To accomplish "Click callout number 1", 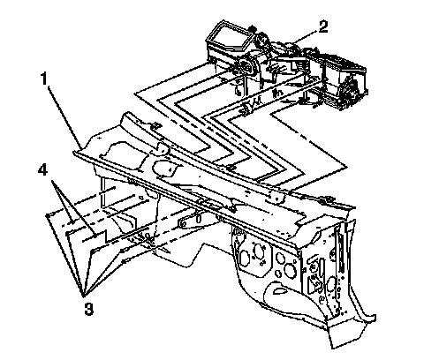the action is (x=44, y=79).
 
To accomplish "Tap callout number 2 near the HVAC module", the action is (x=322, y=26).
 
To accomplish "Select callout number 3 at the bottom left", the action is (x=88, y=309).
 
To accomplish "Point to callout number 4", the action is (x=42, y=169).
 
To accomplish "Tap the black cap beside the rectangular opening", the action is (x=251, y=29).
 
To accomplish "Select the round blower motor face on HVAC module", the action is (x=246, y=67).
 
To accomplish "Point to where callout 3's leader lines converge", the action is (x=83, y=295).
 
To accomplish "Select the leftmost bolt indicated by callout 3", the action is (x=48, y=216).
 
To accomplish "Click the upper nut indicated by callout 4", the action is (x=72, y=223).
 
